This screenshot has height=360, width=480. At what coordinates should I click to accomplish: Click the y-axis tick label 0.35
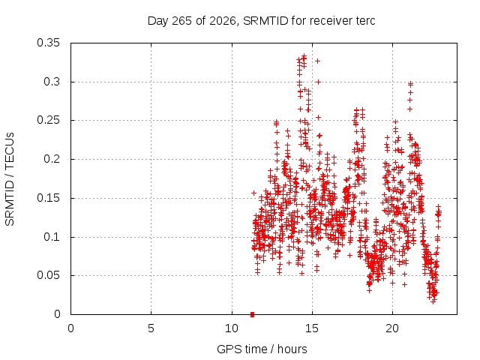(x=48, y=43)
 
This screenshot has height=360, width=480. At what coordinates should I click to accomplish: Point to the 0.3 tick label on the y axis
(x=52, y=82)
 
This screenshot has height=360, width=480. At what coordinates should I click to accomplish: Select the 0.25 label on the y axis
(x=48, y=120)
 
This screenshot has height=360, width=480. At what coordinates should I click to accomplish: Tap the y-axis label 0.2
(x=52, y=159)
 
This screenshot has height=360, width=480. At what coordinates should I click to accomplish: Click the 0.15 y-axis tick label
(x=48, y=198)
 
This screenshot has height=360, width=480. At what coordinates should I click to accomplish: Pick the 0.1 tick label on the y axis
(x=52, y=237)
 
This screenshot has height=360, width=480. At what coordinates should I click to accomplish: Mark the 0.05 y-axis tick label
(x=48, y=275)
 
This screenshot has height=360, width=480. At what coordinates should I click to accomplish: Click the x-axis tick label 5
(x=151, y=328)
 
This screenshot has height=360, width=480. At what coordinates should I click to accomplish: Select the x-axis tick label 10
(x=232, y=328)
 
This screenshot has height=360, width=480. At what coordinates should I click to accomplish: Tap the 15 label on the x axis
(x=312, y=328)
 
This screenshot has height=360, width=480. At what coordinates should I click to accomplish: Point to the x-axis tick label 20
(x=392, y=328)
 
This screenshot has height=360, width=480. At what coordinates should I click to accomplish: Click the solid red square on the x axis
(x=252, y=314)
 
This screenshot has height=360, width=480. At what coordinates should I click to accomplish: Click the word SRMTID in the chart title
(x=265, y=21)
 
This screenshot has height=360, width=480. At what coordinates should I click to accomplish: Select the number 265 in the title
(x=181, y=21)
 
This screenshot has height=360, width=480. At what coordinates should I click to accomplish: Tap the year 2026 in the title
(x=223, y=21)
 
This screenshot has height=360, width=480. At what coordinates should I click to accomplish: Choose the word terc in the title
(x=365, y=21)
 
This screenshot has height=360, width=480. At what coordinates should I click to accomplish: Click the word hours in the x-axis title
(x=292, y=349)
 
